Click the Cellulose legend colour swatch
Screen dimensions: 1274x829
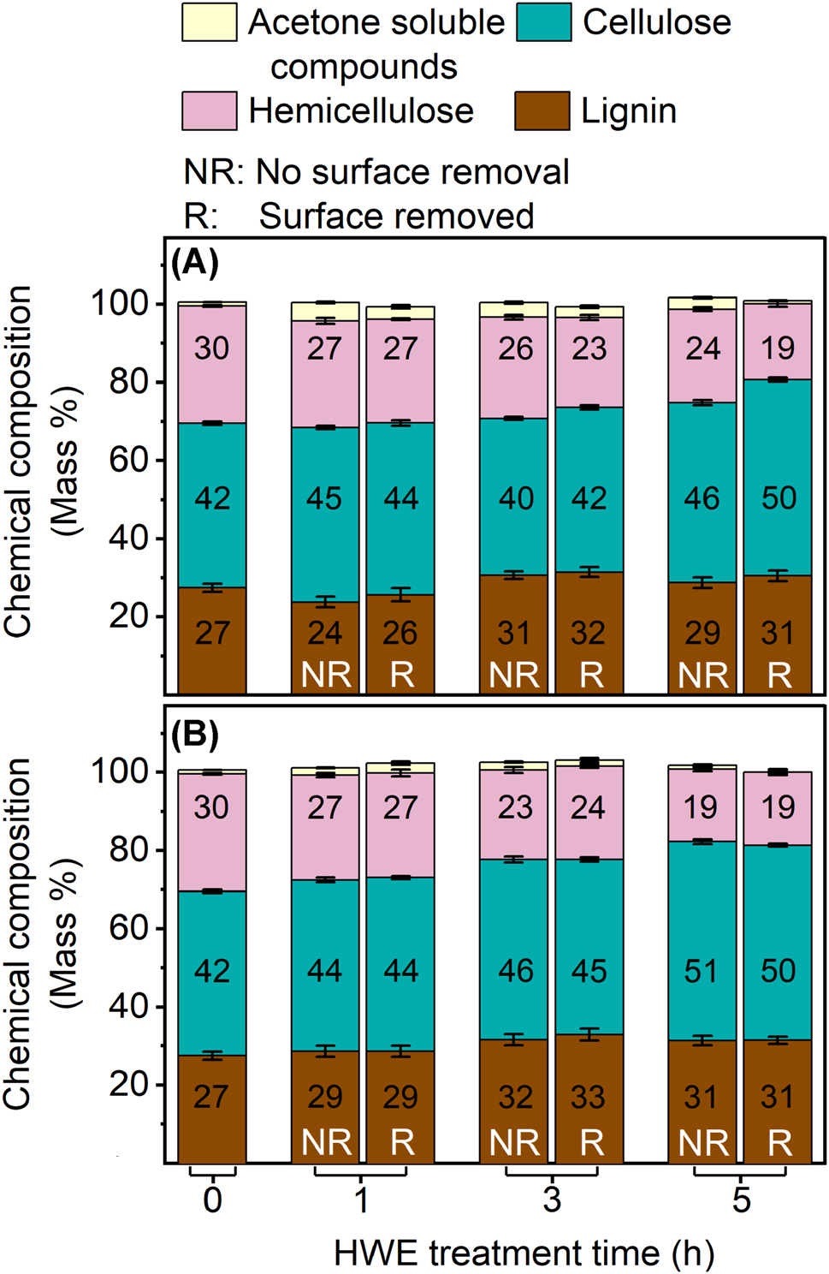(x=543, y=22)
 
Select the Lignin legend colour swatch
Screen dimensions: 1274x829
(x=542, y=111)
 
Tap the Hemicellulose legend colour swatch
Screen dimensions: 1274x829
(x=210, y=111)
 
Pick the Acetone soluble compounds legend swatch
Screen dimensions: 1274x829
(x=210, y=22)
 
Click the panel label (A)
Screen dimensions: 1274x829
(x=195, y=263)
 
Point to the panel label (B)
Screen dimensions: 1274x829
(x=195, y=735)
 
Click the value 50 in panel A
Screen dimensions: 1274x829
(x=779, y=498)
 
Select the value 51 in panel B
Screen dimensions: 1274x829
(x=702, y=971)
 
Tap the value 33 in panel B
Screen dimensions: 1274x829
(x=589, y=1097)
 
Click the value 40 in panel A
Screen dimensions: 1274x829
(x=516, y=498)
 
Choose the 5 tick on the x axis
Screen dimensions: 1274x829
(x=741, y=1200)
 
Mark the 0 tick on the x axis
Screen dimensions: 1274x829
(x=212, y=1200)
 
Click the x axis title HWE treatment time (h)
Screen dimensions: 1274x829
(x=524, y=1253)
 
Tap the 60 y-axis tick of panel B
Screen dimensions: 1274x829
(x=128, y=928)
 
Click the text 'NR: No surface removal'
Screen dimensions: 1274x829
(x=376, y=172)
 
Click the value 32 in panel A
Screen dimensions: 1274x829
(x=589, y=634)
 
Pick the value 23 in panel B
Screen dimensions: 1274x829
(x=516, y=807)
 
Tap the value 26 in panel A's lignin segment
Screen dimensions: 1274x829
(x=400, y=634)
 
